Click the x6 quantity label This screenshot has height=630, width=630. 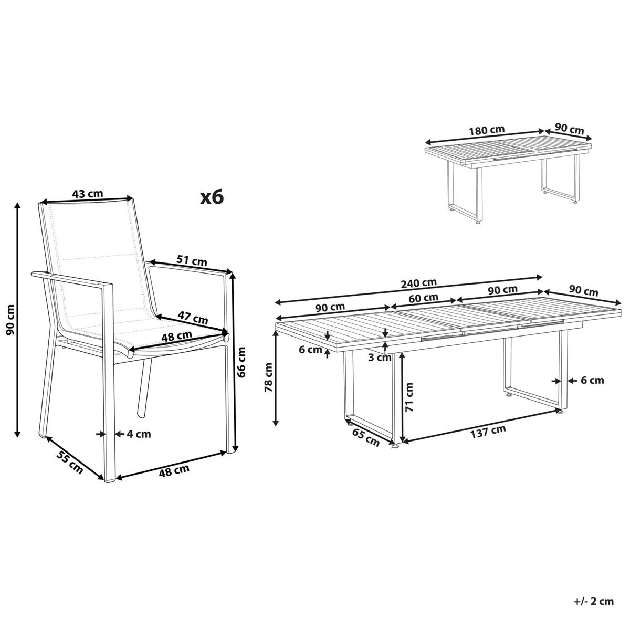click(x=212, y=197)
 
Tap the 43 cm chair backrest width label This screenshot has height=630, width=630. click(x=88, y=194)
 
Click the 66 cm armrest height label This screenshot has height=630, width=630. click(x=242, y=362)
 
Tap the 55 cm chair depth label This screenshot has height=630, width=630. click(x=69, y=463)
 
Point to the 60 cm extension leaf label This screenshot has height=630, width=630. click(x=423, y=298)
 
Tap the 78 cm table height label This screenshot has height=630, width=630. click(x=269, y=377)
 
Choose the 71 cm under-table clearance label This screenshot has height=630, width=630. click(x=409, y=397)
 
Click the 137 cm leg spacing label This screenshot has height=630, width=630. click(x=488, y=432)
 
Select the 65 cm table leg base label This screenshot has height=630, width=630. click(x=365, y=437)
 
